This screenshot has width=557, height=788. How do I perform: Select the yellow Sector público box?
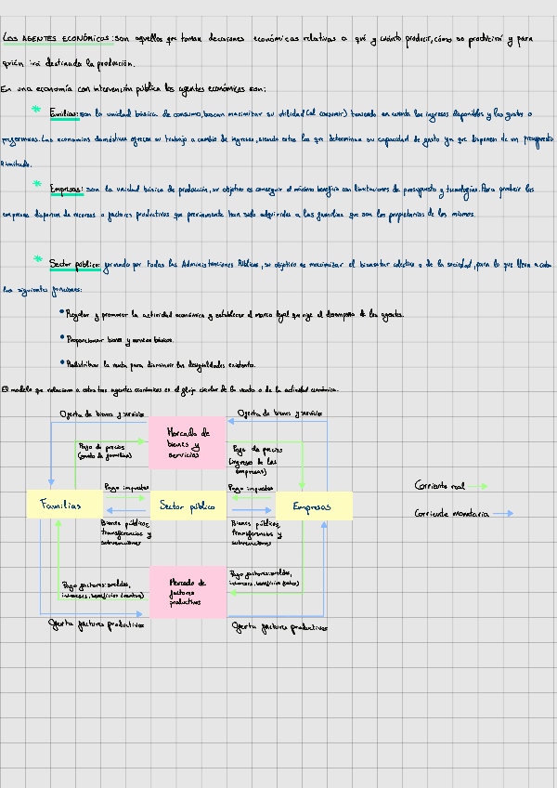click(188, 506)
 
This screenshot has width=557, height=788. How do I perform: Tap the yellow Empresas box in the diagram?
click(314, 506)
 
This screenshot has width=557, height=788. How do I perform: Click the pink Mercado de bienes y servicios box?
click(187, 442)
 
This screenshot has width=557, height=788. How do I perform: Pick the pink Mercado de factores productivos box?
click(188, 592)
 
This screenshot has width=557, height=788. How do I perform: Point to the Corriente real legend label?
click(439, 485)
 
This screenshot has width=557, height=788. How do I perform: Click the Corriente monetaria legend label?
click(451, 513)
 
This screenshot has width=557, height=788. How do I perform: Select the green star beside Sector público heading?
click(38, 259)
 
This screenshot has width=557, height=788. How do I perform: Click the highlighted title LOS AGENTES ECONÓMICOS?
click(56, 38)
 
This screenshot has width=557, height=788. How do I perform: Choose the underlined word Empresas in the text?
click(66, 189)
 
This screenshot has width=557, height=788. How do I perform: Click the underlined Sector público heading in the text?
click(75, 264)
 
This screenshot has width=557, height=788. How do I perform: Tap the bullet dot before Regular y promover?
click(60, 313)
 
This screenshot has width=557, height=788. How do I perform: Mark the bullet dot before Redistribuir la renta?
click(60, 362)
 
